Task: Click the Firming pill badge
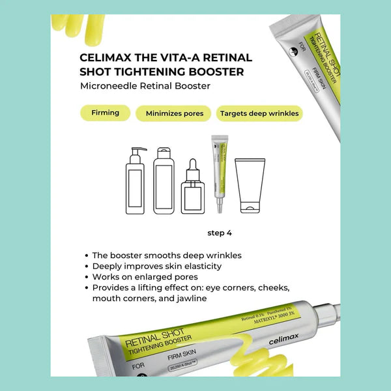105,113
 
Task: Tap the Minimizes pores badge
174,113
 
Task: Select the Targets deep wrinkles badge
259,113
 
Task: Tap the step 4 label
220,233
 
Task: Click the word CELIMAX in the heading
105,57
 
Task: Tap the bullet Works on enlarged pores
145,277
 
